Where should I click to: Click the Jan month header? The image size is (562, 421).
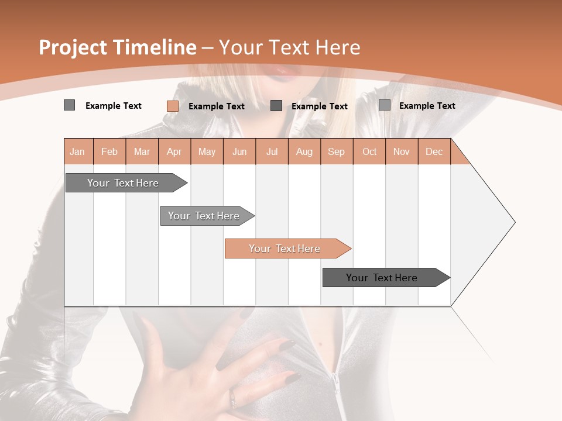click(x=77, y=151)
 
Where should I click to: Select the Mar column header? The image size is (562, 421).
click(x=142, y=151)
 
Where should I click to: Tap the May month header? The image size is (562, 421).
click(x=207, y=151)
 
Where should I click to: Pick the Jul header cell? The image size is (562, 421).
click(x=272, y=151)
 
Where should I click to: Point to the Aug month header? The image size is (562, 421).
click(x=304, y=151)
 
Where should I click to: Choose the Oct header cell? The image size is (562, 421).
click(x=369, y=151)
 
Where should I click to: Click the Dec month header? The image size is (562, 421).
click(x=434, y=151)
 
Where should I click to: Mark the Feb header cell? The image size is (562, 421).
click(x=109, y=151)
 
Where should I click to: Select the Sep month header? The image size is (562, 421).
click(x=336, y=151)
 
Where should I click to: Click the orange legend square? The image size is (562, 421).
click(x=173, y=106)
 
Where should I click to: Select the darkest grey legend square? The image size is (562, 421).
click(x=276, y=106)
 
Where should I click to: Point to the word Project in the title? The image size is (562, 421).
click(x=73, y=47)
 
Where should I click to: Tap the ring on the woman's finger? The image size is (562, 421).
click(x=233, y=400)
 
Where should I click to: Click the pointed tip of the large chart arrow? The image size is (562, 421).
click(x=514, y=222)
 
